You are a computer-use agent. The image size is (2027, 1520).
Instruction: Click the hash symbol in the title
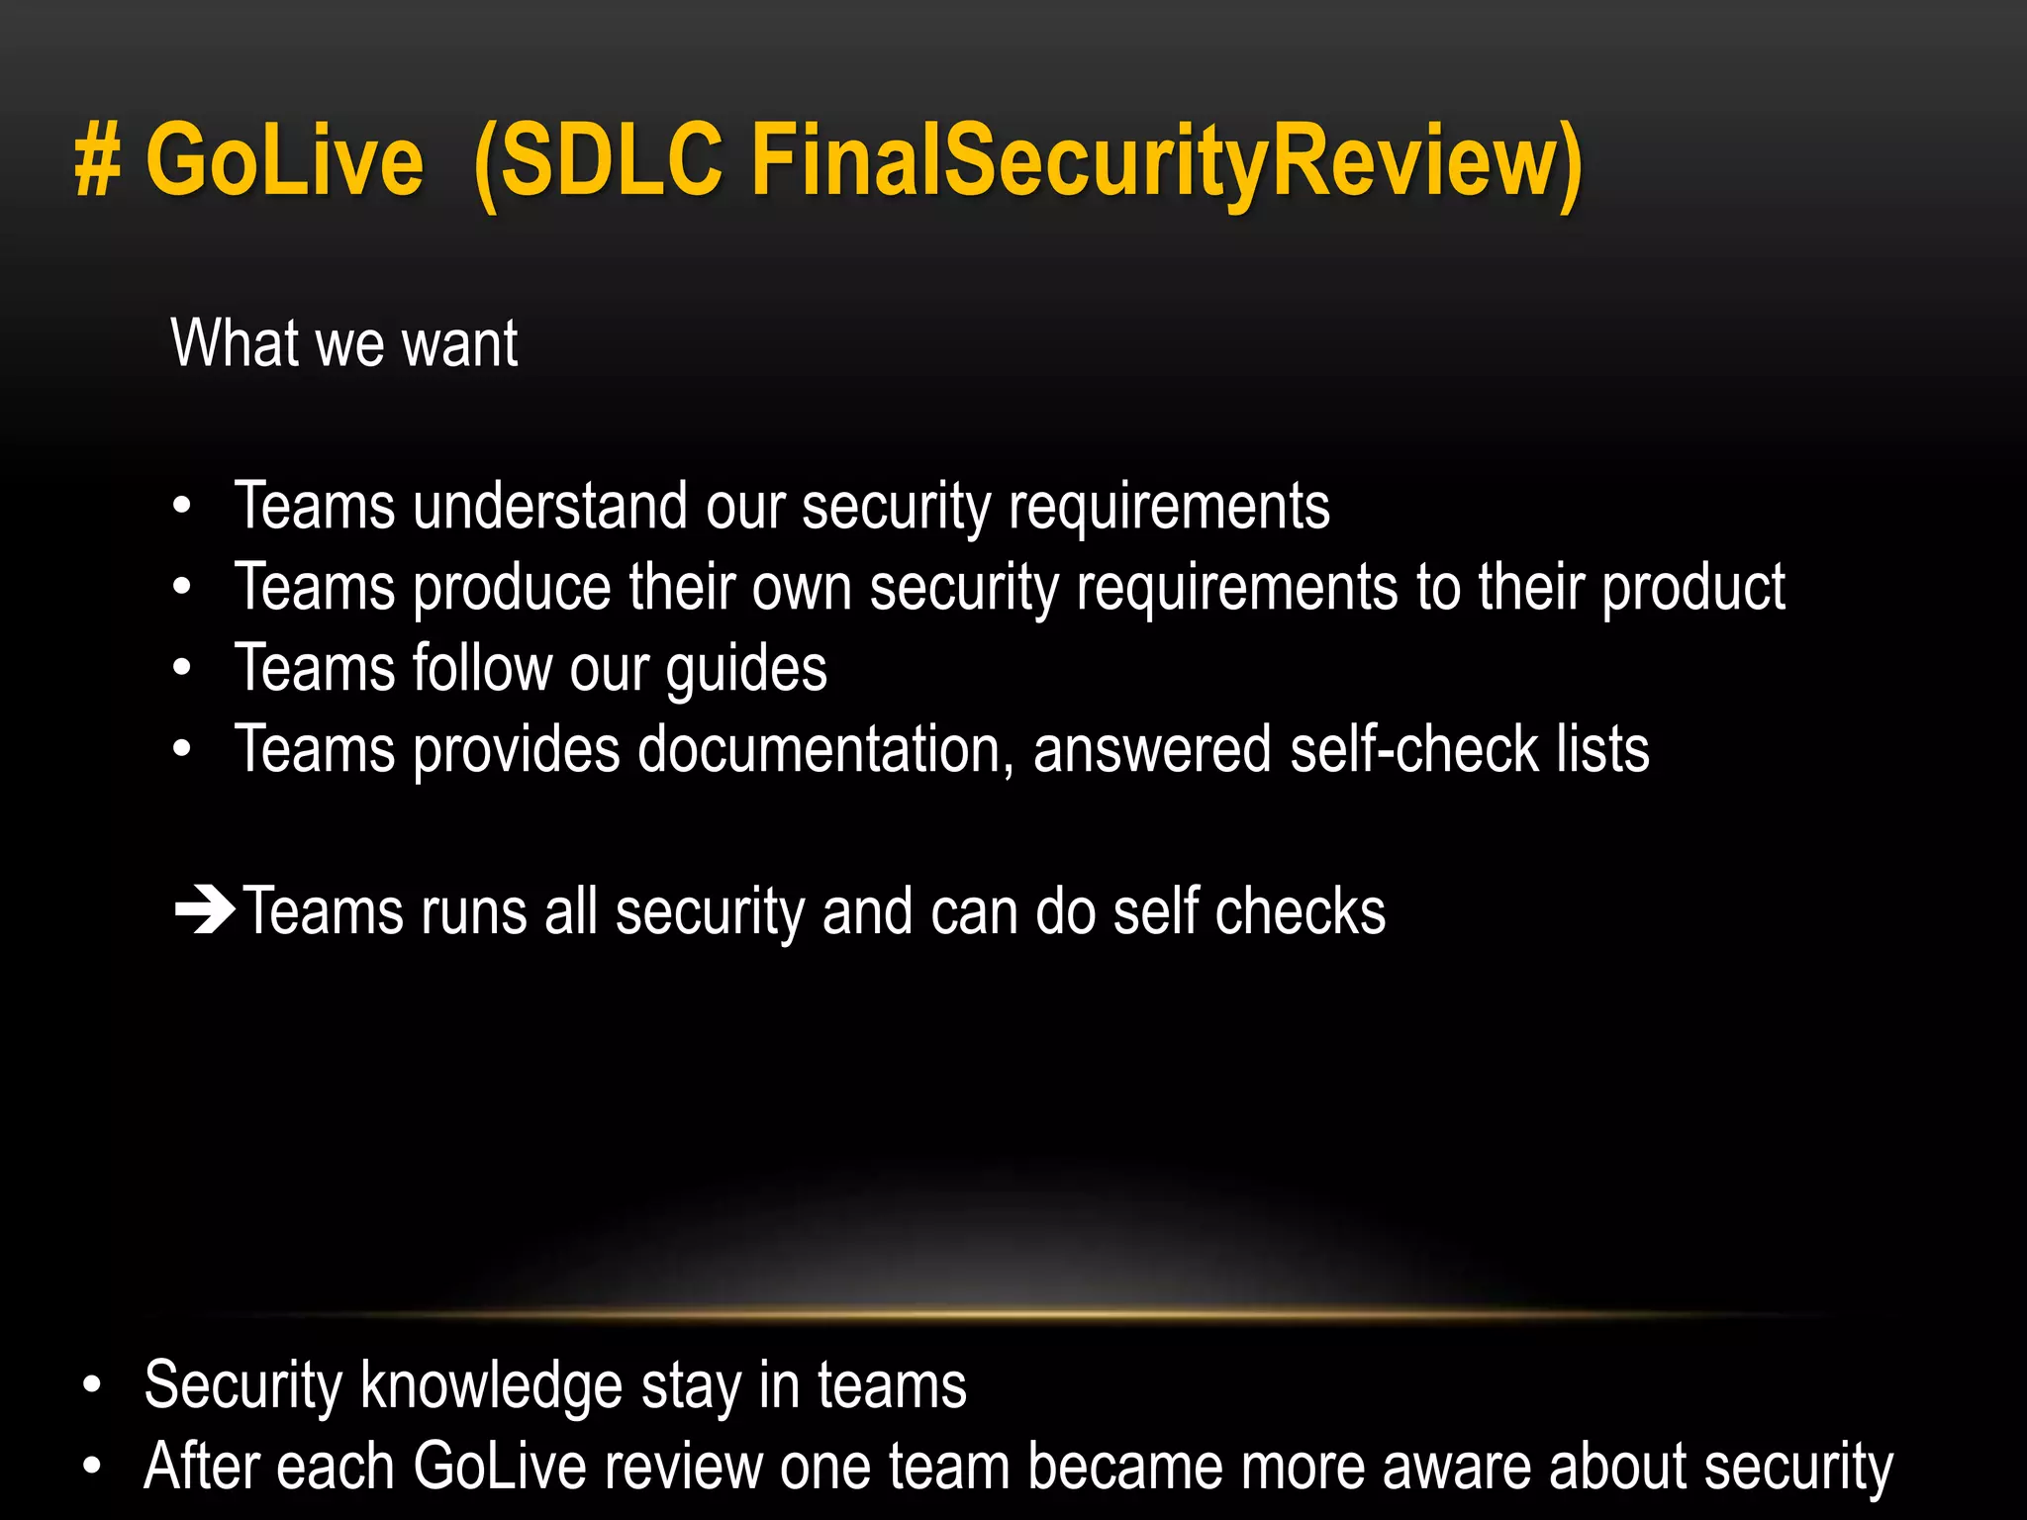(x=99, y=161)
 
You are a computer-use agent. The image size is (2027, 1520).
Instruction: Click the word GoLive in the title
(x=285, y=161)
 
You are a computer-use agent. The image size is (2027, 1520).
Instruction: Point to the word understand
(x=549, y=507)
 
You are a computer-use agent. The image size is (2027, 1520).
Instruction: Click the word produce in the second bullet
(x=512, y=589)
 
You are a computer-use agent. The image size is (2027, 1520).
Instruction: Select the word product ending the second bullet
(x=1693, y=589)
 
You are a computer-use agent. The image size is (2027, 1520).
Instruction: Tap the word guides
(x=746, y=670)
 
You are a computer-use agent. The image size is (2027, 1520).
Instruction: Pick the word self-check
(x=1414, y=749)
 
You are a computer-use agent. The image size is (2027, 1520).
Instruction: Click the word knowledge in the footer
(x=491, y=1385)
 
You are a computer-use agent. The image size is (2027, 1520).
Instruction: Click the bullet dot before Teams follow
(x=181, y=668)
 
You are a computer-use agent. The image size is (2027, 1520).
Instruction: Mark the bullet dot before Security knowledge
(x=92, y=1385)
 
